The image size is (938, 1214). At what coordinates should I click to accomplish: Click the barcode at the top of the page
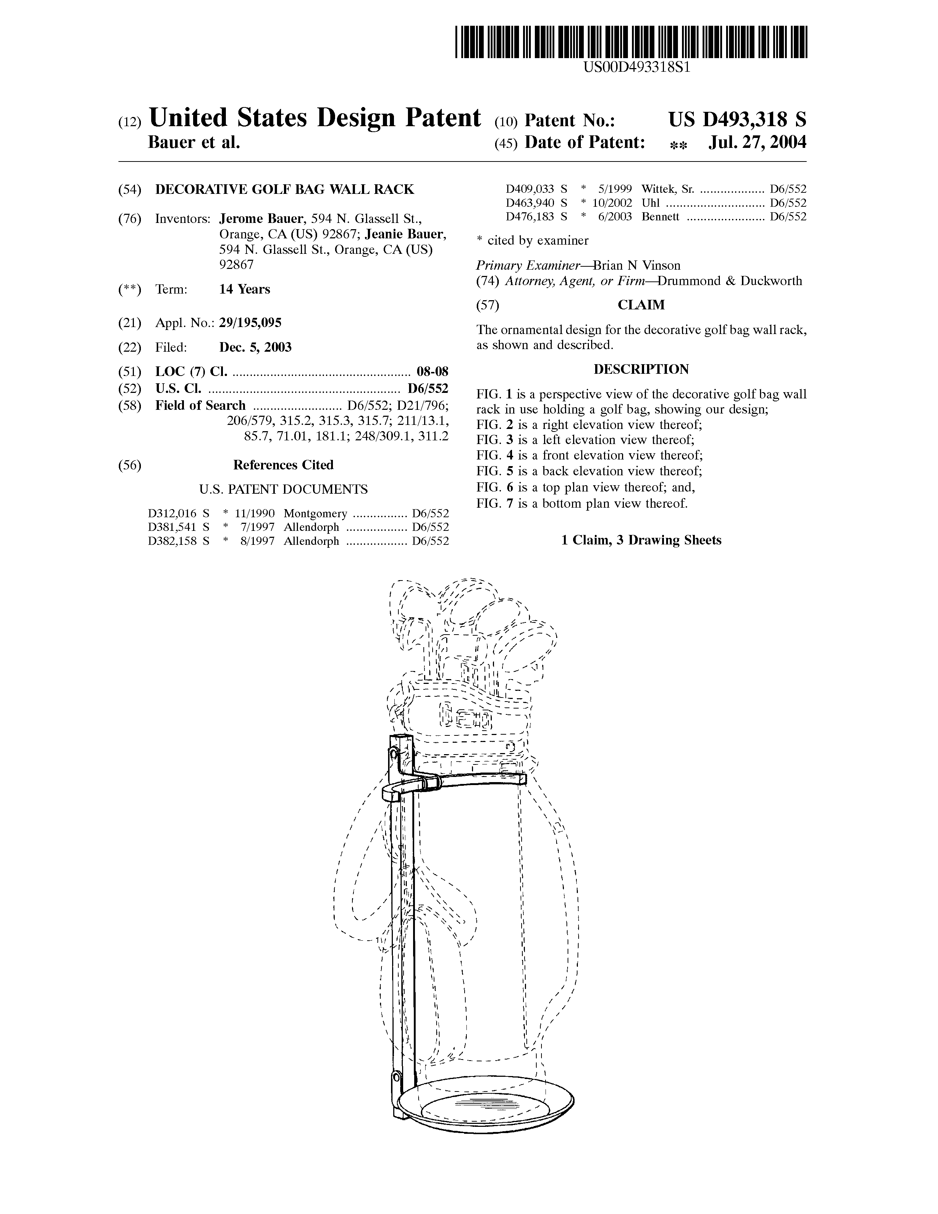tap(631, 42)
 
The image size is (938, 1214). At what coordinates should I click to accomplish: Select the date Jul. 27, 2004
tap(757, 143)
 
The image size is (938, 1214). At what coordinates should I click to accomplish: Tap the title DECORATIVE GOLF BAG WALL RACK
tap(284, 189)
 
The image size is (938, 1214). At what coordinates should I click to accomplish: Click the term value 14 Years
tap(245, 289)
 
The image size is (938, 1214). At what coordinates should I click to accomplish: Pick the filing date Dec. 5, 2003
tap(255, 347)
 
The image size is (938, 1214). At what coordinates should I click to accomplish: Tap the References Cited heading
tap(283, 465)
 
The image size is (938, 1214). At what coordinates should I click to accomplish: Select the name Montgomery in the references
tap(315, 514)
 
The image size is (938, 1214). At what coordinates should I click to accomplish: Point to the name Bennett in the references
tap(660, 217)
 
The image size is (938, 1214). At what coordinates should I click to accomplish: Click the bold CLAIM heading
tap(641, 305)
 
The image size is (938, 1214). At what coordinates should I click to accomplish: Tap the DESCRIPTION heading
tap(641, 369)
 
